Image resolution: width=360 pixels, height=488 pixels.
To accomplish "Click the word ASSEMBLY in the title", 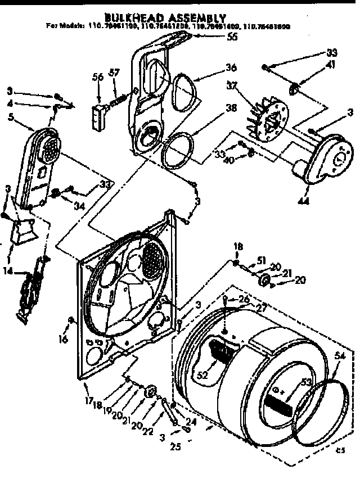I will point(190,18).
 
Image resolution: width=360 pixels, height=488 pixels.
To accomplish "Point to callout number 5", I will point(12,118).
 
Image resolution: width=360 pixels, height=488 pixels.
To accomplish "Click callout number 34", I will point(79,206).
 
